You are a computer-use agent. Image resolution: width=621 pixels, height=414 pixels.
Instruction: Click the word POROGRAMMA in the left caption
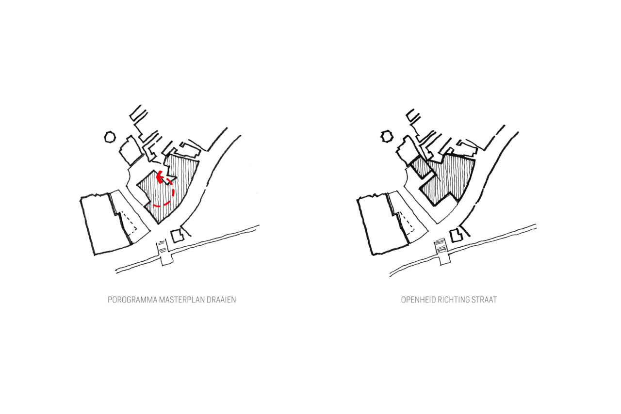tap(132, 300)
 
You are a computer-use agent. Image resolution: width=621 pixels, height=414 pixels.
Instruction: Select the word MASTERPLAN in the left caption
tap(182, 300)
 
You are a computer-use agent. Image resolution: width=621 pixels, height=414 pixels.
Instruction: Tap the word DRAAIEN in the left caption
tap(221, 300)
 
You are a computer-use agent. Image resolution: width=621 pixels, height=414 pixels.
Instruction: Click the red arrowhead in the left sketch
tap(160, 177)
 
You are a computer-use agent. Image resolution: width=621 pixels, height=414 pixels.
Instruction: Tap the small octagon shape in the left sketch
tap(110, 137)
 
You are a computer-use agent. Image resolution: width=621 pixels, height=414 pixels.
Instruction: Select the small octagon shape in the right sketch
tap(387, 136)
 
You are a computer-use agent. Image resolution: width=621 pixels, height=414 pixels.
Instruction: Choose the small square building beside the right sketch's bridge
tap(456, 236)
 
